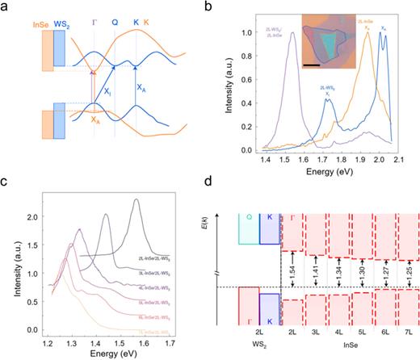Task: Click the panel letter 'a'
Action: [6, 7]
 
